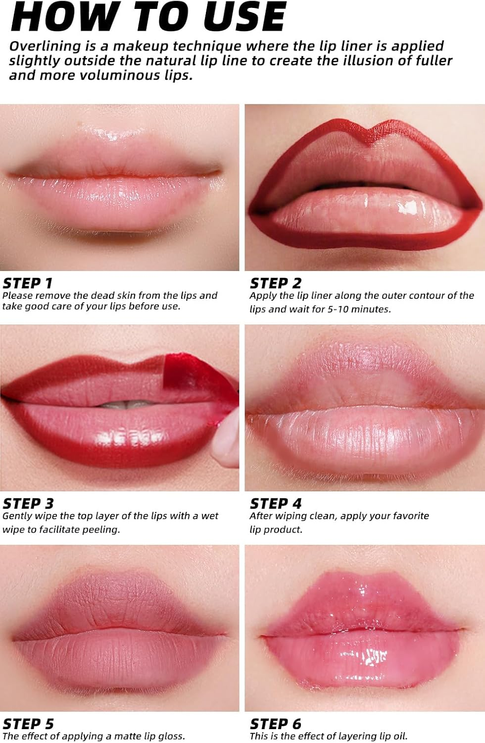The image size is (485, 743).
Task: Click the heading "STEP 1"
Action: click(x=28, y=283)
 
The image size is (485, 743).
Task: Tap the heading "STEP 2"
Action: click(x=276, y=283)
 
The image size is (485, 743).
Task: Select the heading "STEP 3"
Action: click(x=28, y=504)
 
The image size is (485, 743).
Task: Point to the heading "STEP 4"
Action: click(x=276, y=504)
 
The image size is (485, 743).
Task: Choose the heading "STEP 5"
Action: click(x=28, y=724)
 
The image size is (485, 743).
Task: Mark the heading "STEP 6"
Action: click(x=276, y=724)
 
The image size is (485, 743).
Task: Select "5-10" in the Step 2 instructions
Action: click(x=341, y=309)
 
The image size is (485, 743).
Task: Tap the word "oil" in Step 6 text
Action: click(x=399, y=737)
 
